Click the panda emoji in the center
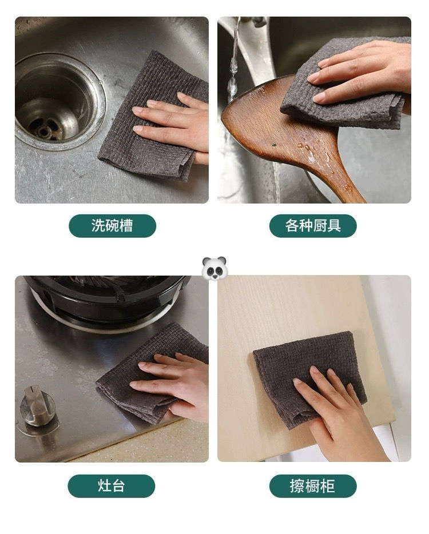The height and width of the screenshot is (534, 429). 214,268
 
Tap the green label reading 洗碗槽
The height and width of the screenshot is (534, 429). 112,226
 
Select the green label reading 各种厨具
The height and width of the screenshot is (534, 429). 313,226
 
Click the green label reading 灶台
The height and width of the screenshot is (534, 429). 111,486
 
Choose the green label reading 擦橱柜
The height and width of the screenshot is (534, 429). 313,486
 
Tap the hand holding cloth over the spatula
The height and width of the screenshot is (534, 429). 366,71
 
